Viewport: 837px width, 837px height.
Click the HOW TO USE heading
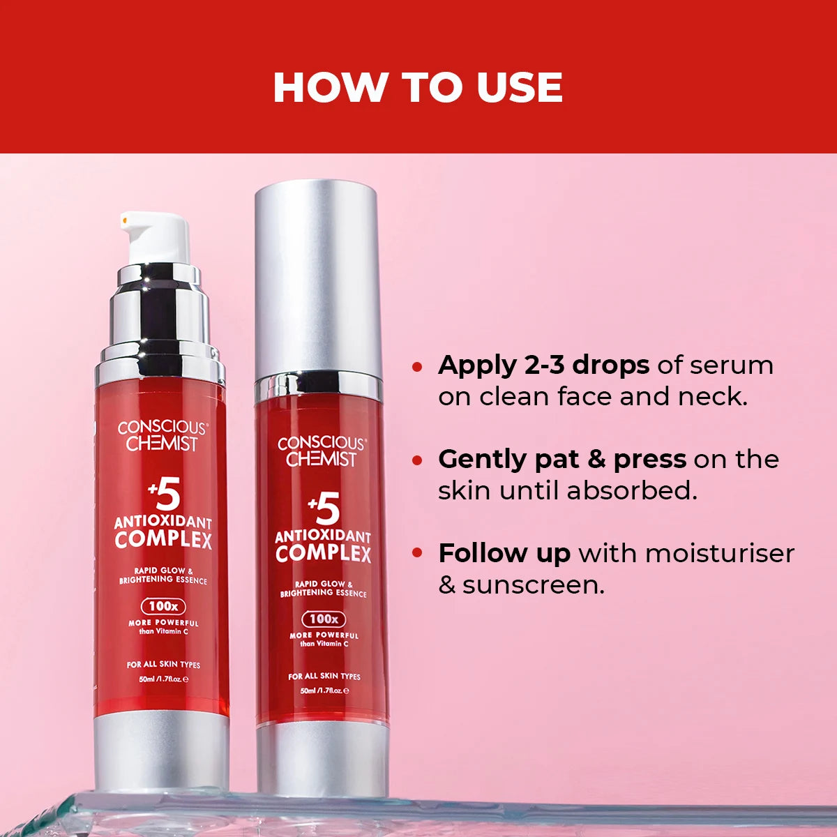(418, 87)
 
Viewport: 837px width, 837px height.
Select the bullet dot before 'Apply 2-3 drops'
(417, 366)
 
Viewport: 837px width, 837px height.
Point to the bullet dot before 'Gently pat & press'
(417, 460)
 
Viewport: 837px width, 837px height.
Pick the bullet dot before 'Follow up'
(417, 554)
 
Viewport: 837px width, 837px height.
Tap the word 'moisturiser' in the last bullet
(720, 554)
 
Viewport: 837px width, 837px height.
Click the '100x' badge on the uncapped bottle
(163, 606)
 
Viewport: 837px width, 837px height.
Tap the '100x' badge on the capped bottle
(324, 619)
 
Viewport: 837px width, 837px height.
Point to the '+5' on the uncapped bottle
(165, 496)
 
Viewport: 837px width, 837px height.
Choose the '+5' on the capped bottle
(324, 508)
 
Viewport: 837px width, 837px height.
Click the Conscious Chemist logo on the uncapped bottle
(162, 436)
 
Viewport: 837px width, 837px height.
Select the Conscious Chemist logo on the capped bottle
(322, 451)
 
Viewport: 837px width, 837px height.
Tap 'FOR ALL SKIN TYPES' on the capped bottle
(324, 677)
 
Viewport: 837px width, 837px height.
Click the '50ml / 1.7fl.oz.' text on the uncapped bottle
(164, 679)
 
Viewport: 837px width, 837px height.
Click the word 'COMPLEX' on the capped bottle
(323, 555)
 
